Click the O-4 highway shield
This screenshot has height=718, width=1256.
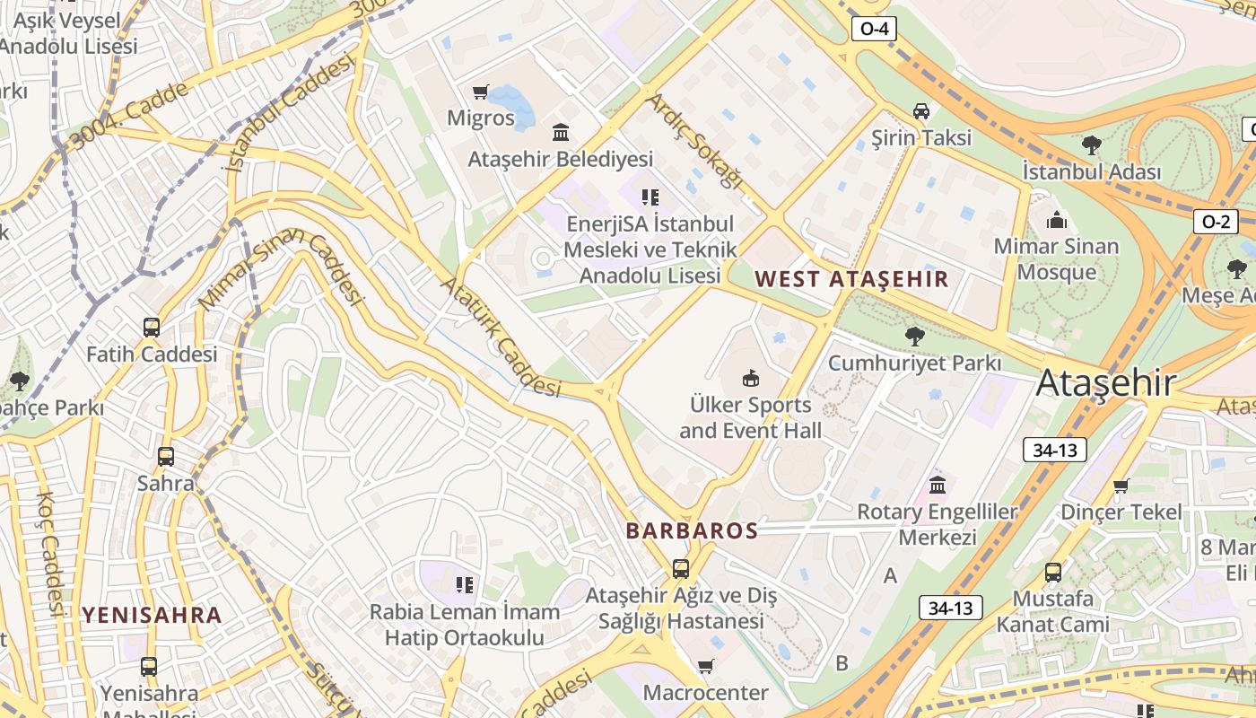pos(874,29)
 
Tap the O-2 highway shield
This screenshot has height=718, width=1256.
pos(1215,222)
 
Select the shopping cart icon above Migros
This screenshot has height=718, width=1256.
pos(481,92)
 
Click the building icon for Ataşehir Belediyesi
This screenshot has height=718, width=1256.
pos(561,133)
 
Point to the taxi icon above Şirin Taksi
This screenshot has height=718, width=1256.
pos(920,111)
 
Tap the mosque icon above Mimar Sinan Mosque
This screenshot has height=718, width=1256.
pos(1057,220)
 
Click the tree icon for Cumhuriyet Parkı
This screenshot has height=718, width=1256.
pos(914,337)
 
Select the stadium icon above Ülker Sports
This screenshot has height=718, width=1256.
pos(751,378)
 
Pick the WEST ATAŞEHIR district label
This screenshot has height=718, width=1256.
pos(851,278)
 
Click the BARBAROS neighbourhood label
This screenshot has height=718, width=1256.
pos(692,530)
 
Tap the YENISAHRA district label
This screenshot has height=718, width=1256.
pos(152,615)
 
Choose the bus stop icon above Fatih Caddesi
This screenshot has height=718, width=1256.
pos(152,328)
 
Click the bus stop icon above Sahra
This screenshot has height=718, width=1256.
pos(166,457)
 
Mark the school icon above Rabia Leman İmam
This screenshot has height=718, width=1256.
pos(465,585)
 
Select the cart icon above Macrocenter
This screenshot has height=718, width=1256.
pos(705,666)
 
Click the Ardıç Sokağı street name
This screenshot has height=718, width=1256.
pos(695,142)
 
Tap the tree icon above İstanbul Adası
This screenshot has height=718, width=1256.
pos(1092,144)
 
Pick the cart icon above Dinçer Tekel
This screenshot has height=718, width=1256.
pos(1121,486)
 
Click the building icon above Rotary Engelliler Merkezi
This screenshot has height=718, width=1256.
pos(938,486)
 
